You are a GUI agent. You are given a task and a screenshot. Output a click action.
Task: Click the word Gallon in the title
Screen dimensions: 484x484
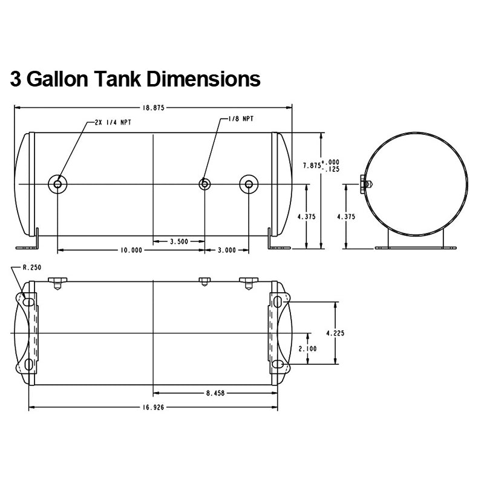point(59,79)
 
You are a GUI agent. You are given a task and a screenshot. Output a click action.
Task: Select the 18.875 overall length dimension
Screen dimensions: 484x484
point(154,108)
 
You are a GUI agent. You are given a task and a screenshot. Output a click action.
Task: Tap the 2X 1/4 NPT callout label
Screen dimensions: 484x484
point(113,122)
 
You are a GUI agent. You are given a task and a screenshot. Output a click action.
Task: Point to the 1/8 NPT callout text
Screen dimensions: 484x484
point(241,119)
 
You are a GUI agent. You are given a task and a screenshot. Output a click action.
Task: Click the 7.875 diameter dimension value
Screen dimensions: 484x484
point(312,165)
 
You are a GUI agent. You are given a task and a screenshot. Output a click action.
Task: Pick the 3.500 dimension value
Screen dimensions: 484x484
point(179,241)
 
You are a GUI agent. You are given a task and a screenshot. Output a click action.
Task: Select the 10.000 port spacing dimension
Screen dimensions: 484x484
point(131,250)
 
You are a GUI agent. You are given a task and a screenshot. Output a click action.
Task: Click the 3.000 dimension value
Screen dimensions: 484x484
point(227,250)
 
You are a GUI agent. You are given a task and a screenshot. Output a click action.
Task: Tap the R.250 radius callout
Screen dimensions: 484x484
point(32,267)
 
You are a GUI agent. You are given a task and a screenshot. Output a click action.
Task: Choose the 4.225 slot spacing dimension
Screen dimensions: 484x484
point(335,333)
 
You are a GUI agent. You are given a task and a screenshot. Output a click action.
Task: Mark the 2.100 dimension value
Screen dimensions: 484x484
point(307,348)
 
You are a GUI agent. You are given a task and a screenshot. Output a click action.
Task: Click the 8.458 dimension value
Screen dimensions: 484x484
point(215,393)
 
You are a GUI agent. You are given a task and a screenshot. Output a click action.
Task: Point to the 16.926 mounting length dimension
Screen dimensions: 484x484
point(154,407)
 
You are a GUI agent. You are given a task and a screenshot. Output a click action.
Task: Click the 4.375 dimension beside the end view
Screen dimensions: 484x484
point(346,217)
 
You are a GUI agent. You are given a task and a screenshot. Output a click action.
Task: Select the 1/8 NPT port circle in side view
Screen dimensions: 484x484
point(204,185)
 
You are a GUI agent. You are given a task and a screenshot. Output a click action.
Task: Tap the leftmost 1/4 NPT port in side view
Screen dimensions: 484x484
point(57,185)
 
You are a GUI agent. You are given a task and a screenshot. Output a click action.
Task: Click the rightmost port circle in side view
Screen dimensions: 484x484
point(249,185)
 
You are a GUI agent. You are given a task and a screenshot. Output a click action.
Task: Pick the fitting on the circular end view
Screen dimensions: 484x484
point(367,185)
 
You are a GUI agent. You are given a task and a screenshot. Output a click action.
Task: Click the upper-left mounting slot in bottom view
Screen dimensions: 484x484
point(28,301)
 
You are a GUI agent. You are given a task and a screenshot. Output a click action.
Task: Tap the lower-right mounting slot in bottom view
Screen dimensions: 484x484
point(278,364)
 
